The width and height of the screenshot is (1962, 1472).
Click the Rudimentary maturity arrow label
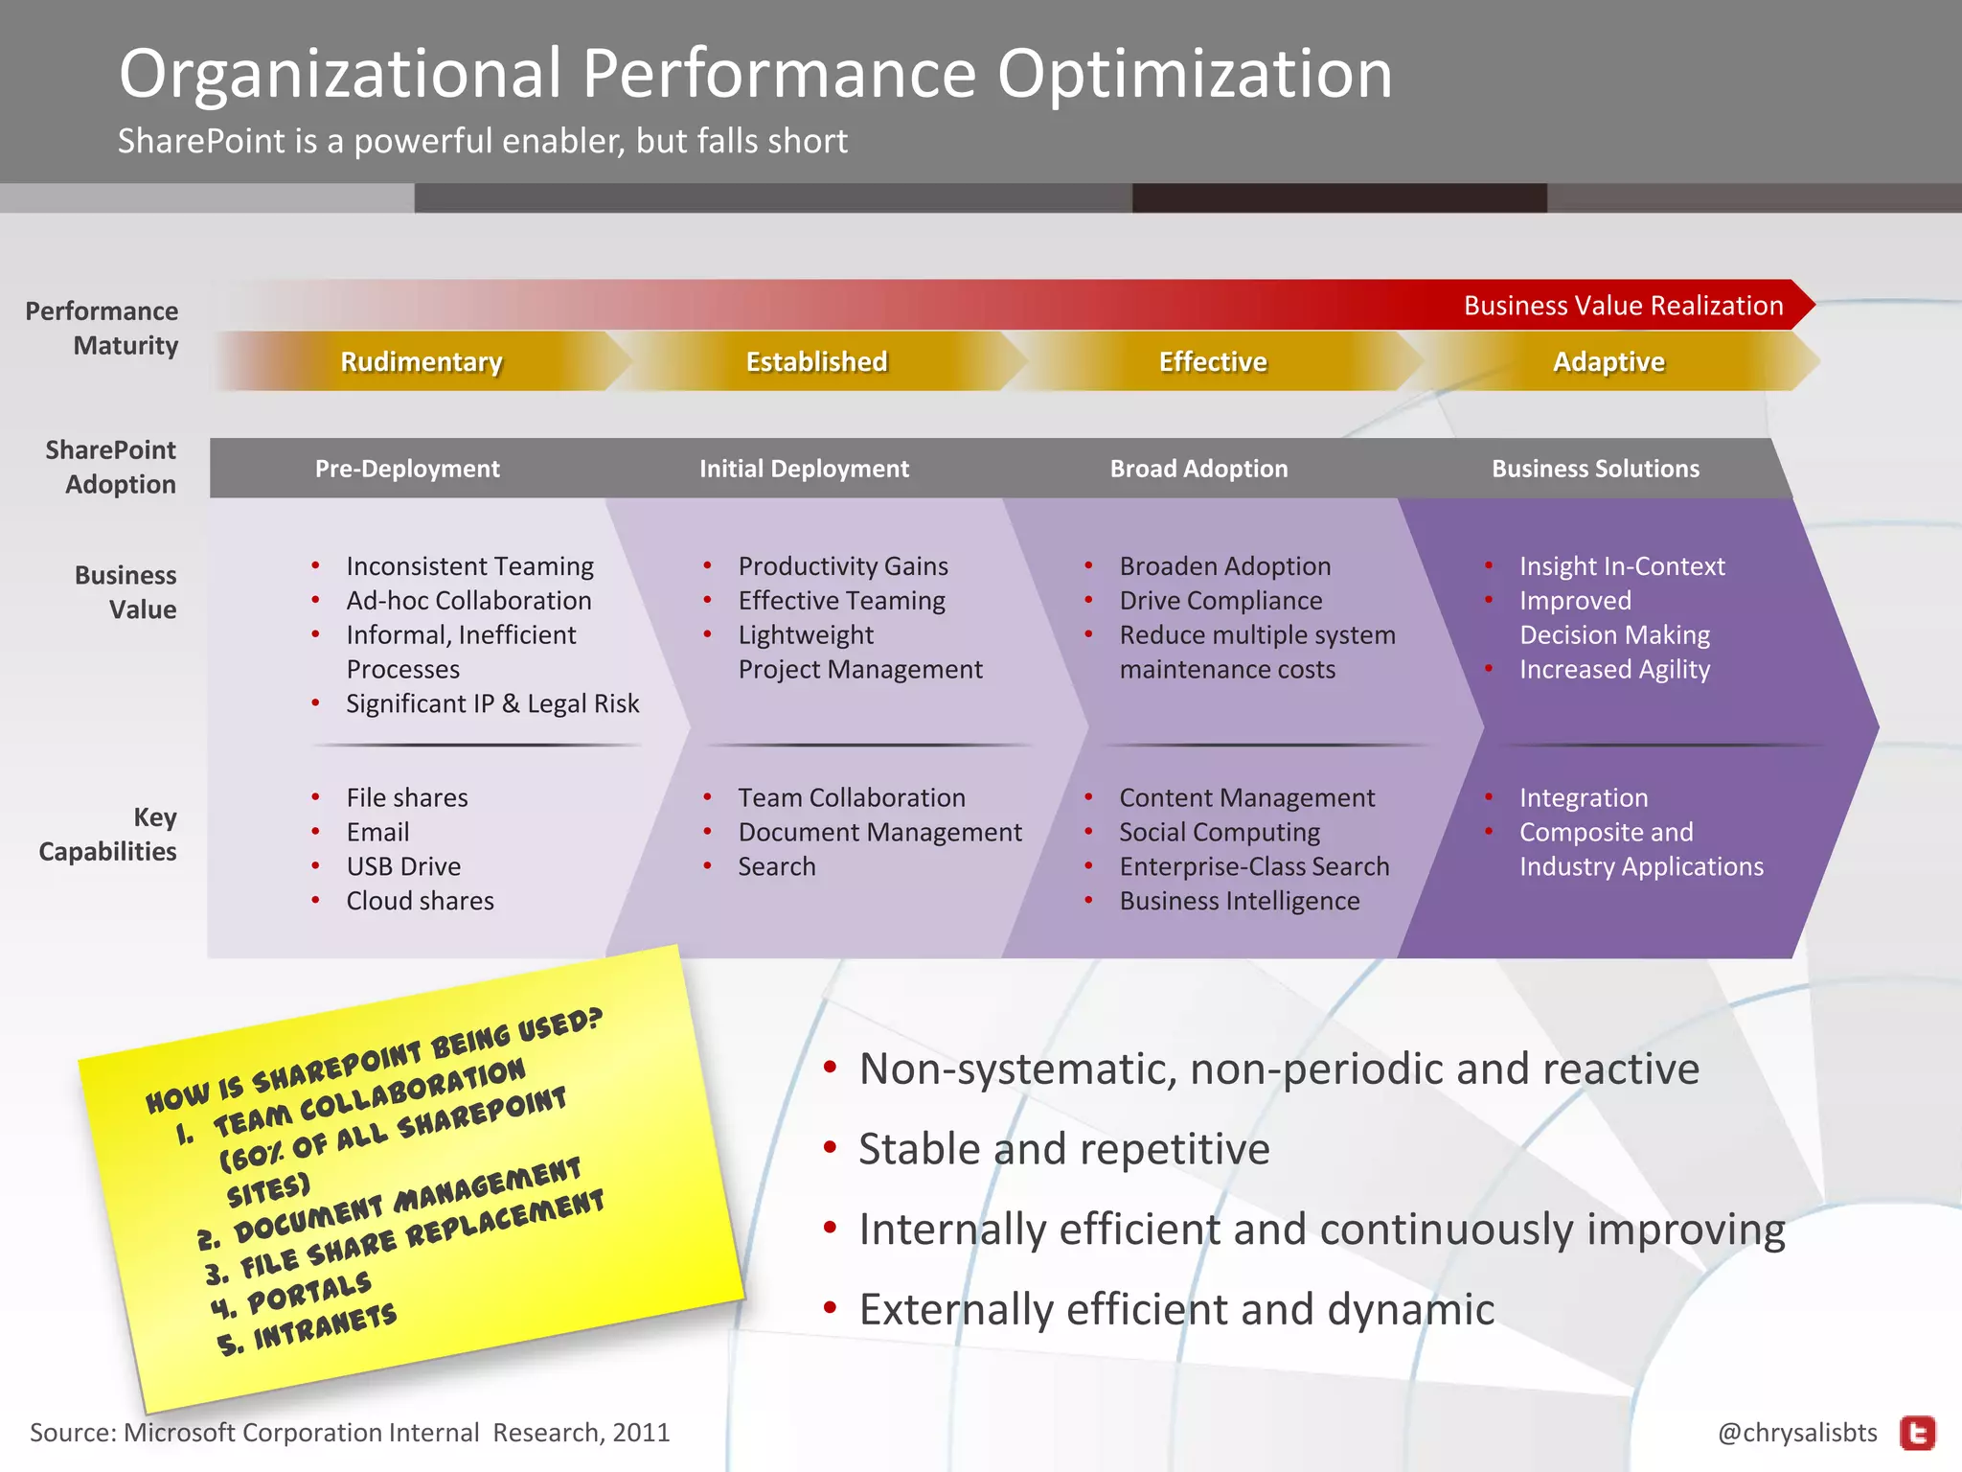pos(422,361)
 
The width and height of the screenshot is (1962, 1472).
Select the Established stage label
pos(816,361)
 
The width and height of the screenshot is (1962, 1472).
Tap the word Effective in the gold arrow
pos(1213,361)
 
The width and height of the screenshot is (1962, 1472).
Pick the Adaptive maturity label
pos(1608,361)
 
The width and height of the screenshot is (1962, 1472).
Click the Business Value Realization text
pos(1623,306)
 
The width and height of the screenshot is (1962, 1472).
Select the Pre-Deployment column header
pos(407,469)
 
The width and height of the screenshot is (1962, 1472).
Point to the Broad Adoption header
pos(1198,469)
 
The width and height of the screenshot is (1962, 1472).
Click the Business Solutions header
pos(1595,469)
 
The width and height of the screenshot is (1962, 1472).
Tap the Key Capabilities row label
pos(108,834)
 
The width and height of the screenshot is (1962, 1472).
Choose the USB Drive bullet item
pos(403,866)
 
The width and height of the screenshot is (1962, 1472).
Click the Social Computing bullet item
pos(1220,832)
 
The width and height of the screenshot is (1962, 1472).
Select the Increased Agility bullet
pos(1614,669)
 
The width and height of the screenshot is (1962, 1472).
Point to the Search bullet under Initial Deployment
pos(776,866)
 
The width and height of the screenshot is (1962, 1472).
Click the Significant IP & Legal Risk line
pos(492,703)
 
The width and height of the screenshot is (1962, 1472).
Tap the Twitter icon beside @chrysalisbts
pos(1917,1434)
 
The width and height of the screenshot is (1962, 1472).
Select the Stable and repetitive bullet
pos(1063,1149)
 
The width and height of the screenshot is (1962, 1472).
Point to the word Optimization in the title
pos(1195,74)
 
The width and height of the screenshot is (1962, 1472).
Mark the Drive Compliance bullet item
pos(1221,601)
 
